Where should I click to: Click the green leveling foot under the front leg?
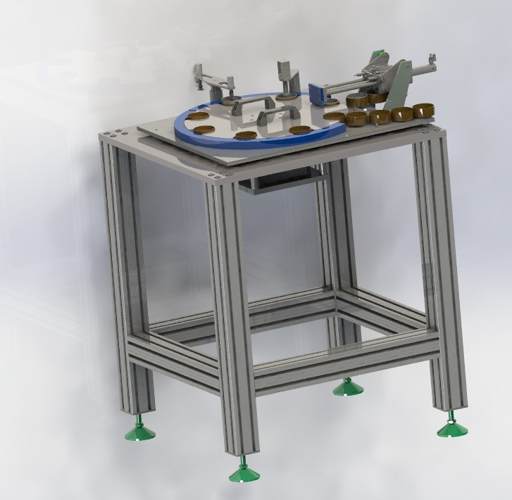[244, 473]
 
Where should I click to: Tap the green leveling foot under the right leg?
[451, 427]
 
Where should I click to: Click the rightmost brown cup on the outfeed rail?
[423, 111]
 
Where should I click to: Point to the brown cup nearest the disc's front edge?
[245, 135]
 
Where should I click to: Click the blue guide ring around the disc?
[211, 140]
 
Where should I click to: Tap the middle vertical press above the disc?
[287, 77]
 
